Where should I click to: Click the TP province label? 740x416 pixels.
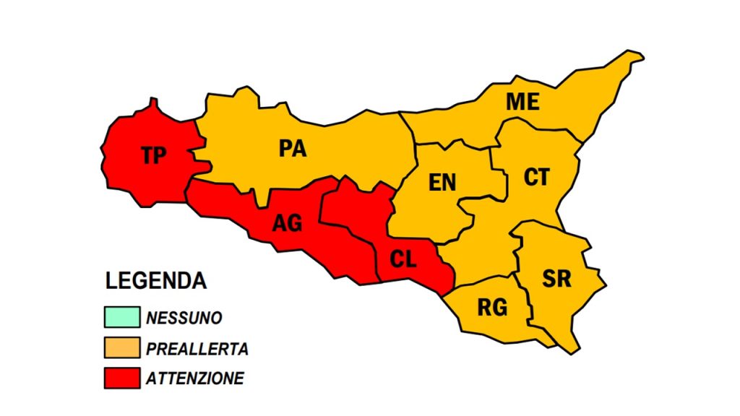pos(153,155)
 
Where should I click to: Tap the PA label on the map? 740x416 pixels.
pos(293,149)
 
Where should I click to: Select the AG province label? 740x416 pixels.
pos(287,223)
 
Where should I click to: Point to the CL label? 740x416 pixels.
pos(403,259)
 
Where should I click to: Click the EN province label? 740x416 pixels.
pos(442,183)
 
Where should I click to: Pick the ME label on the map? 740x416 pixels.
pos(522,103)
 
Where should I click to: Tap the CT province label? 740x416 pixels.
pos(536,177)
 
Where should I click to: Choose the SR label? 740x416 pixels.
pos(557,279)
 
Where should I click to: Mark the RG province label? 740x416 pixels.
pos(492,308)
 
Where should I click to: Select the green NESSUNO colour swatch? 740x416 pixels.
pos(121,317)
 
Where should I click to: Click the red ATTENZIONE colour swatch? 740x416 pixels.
pos(121,378)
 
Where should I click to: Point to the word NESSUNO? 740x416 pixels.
pos(184,318)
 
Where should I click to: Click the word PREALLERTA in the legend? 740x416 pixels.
pos(197,349)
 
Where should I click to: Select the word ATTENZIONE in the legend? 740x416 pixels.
pos(195,378)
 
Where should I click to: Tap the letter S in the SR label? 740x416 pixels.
pos(549,279)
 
